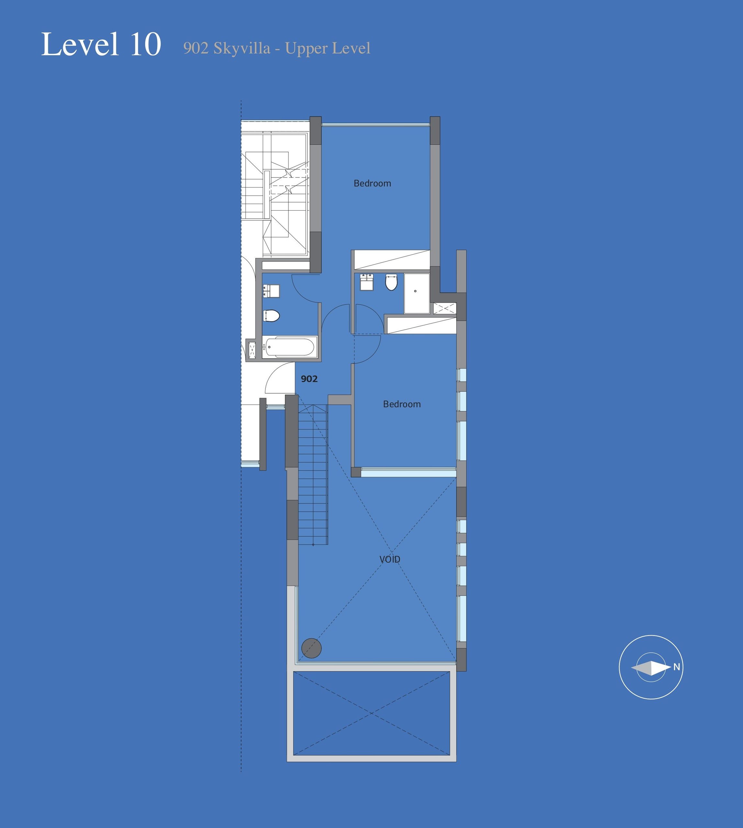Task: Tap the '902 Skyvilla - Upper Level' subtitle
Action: (277, 49)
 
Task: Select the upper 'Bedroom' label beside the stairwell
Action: (372, 184)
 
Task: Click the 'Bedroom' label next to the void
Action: (402, 404)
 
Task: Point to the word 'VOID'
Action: (390, 560)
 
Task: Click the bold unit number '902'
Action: (309, 379)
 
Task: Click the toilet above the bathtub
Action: (271, 315)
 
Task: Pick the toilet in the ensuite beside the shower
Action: (391, 282)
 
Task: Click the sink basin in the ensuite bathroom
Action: (367, 282)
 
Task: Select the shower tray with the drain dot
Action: (417, 293)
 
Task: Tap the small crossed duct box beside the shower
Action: (445, 309)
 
